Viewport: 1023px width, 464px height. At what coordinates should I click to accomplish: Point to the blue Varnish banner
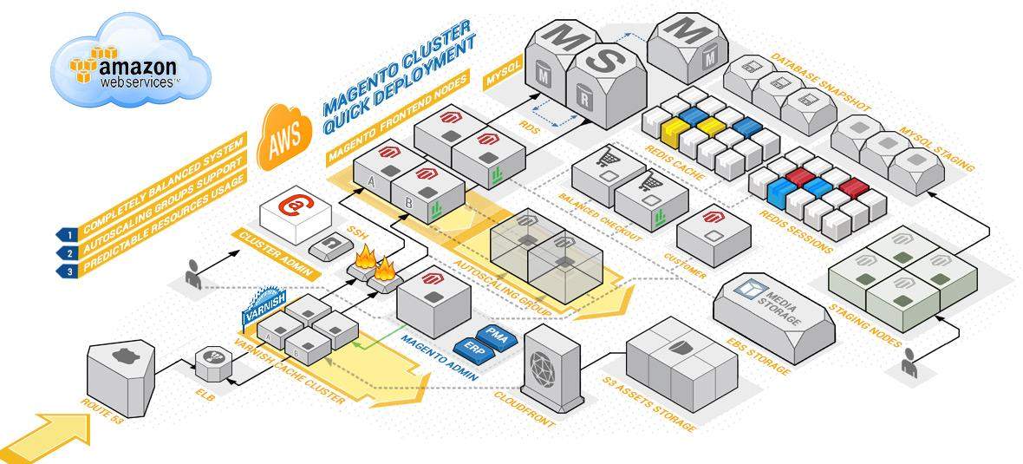point(260,299)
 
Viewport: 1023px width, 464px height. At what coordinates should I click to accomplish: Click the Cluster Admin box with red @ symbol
point(295,216)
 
